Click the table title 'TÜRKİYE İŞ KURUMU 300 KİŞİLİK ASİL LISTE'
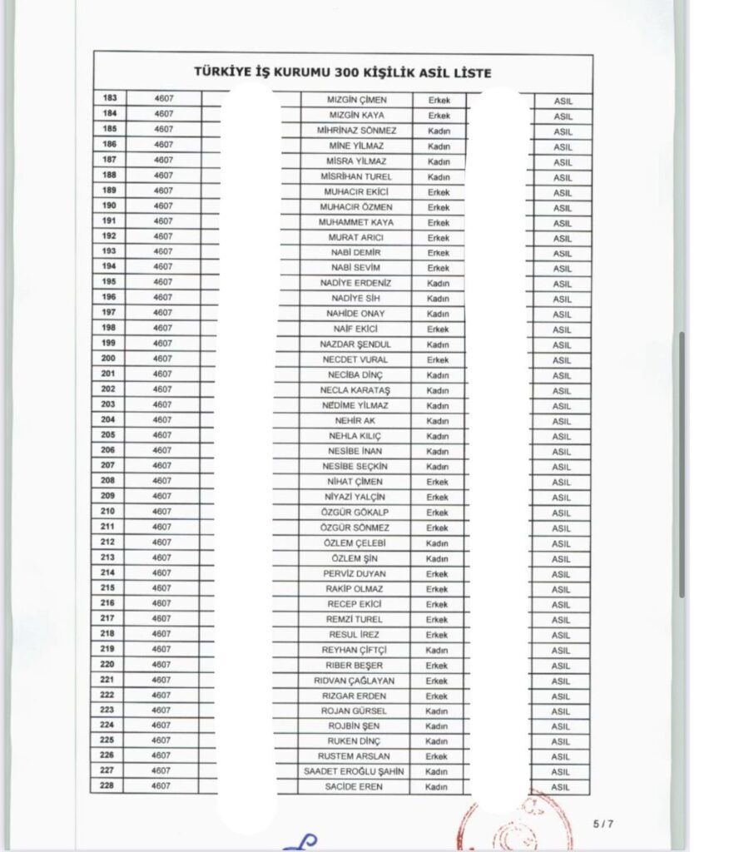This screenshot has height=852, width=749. coord(342,73)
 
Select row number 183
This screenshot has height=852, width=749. coord(109,99)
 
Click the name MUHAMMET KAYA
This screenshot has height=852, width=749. coord(356,222)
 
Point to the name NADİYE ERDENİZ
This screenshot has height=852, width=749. coord(356,283)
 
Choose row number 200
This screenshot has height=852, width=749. coord(109,359)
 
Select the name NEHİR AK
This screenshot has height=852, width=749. coord(356,420)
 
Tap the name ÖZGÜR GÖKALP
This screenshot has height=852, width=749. coord(356,512)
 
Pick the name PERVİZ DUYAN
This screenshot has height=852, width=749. coord(356,573)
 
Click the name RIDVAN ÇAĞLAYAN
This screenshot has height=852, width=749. coord(356,681)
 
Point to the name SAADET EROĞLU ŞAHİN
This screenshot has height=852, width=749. coord(356,771)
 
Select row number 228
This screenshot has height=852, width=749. coord(109,786)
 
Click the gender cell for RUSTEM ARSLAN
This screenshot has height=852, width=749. coord(437,756)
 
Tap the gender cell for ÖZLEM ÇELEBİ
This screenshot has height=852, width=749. coord(437,542)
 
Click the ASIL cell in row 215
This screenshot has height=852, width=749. coord(562,589)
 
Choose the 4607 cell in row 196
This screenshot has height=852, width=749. coord(163,297)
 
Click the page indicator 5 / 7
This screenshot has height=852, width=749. coord(603,824)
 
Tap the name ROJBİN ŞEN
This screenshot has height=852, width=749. coord(356,726)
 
